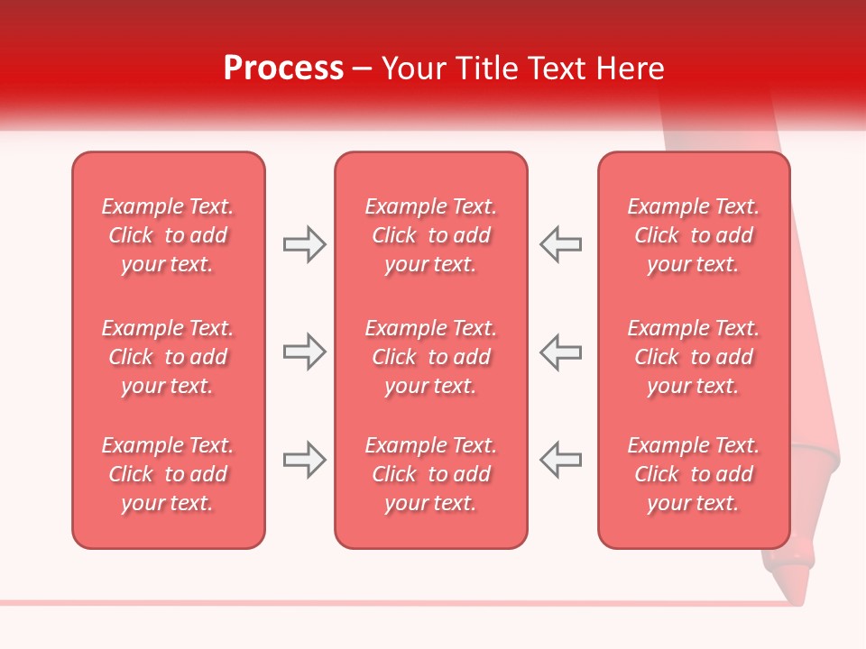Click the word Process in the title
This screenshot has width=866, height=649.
[283, 69]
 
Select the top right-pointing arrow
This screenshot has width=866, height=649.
[304, 244]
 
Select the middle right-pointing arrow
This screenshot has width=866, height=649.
[304, 352]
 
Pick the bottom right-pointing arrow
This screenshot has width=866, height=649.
[304, 461]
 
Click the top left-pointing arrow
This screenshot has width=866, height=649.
[561, 244]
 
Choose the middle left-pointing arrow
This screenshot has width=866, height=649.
[561, 352]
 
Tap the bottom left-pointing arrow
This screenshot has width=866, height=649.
[561, 461]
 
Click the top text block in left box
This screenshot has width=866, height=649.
[168, 235]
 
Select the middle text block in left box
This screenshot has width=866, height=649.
[168, 357]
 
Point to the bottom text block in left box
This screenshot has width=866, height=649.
[168, 474]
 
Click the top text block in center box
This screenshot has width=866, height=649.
[430, 235]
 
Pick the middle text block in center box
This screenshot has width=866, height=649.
[430, 357]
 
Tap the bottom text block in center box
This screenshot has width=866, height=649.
[430, 474]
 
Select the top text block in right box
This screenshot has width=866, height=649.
[693, 235]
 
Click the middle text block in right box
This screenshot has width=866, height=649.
[693, 357]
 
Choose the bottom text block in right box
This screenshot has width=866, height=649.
[693, 474]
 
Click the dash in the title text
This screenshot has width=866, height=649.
[363, 69]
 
